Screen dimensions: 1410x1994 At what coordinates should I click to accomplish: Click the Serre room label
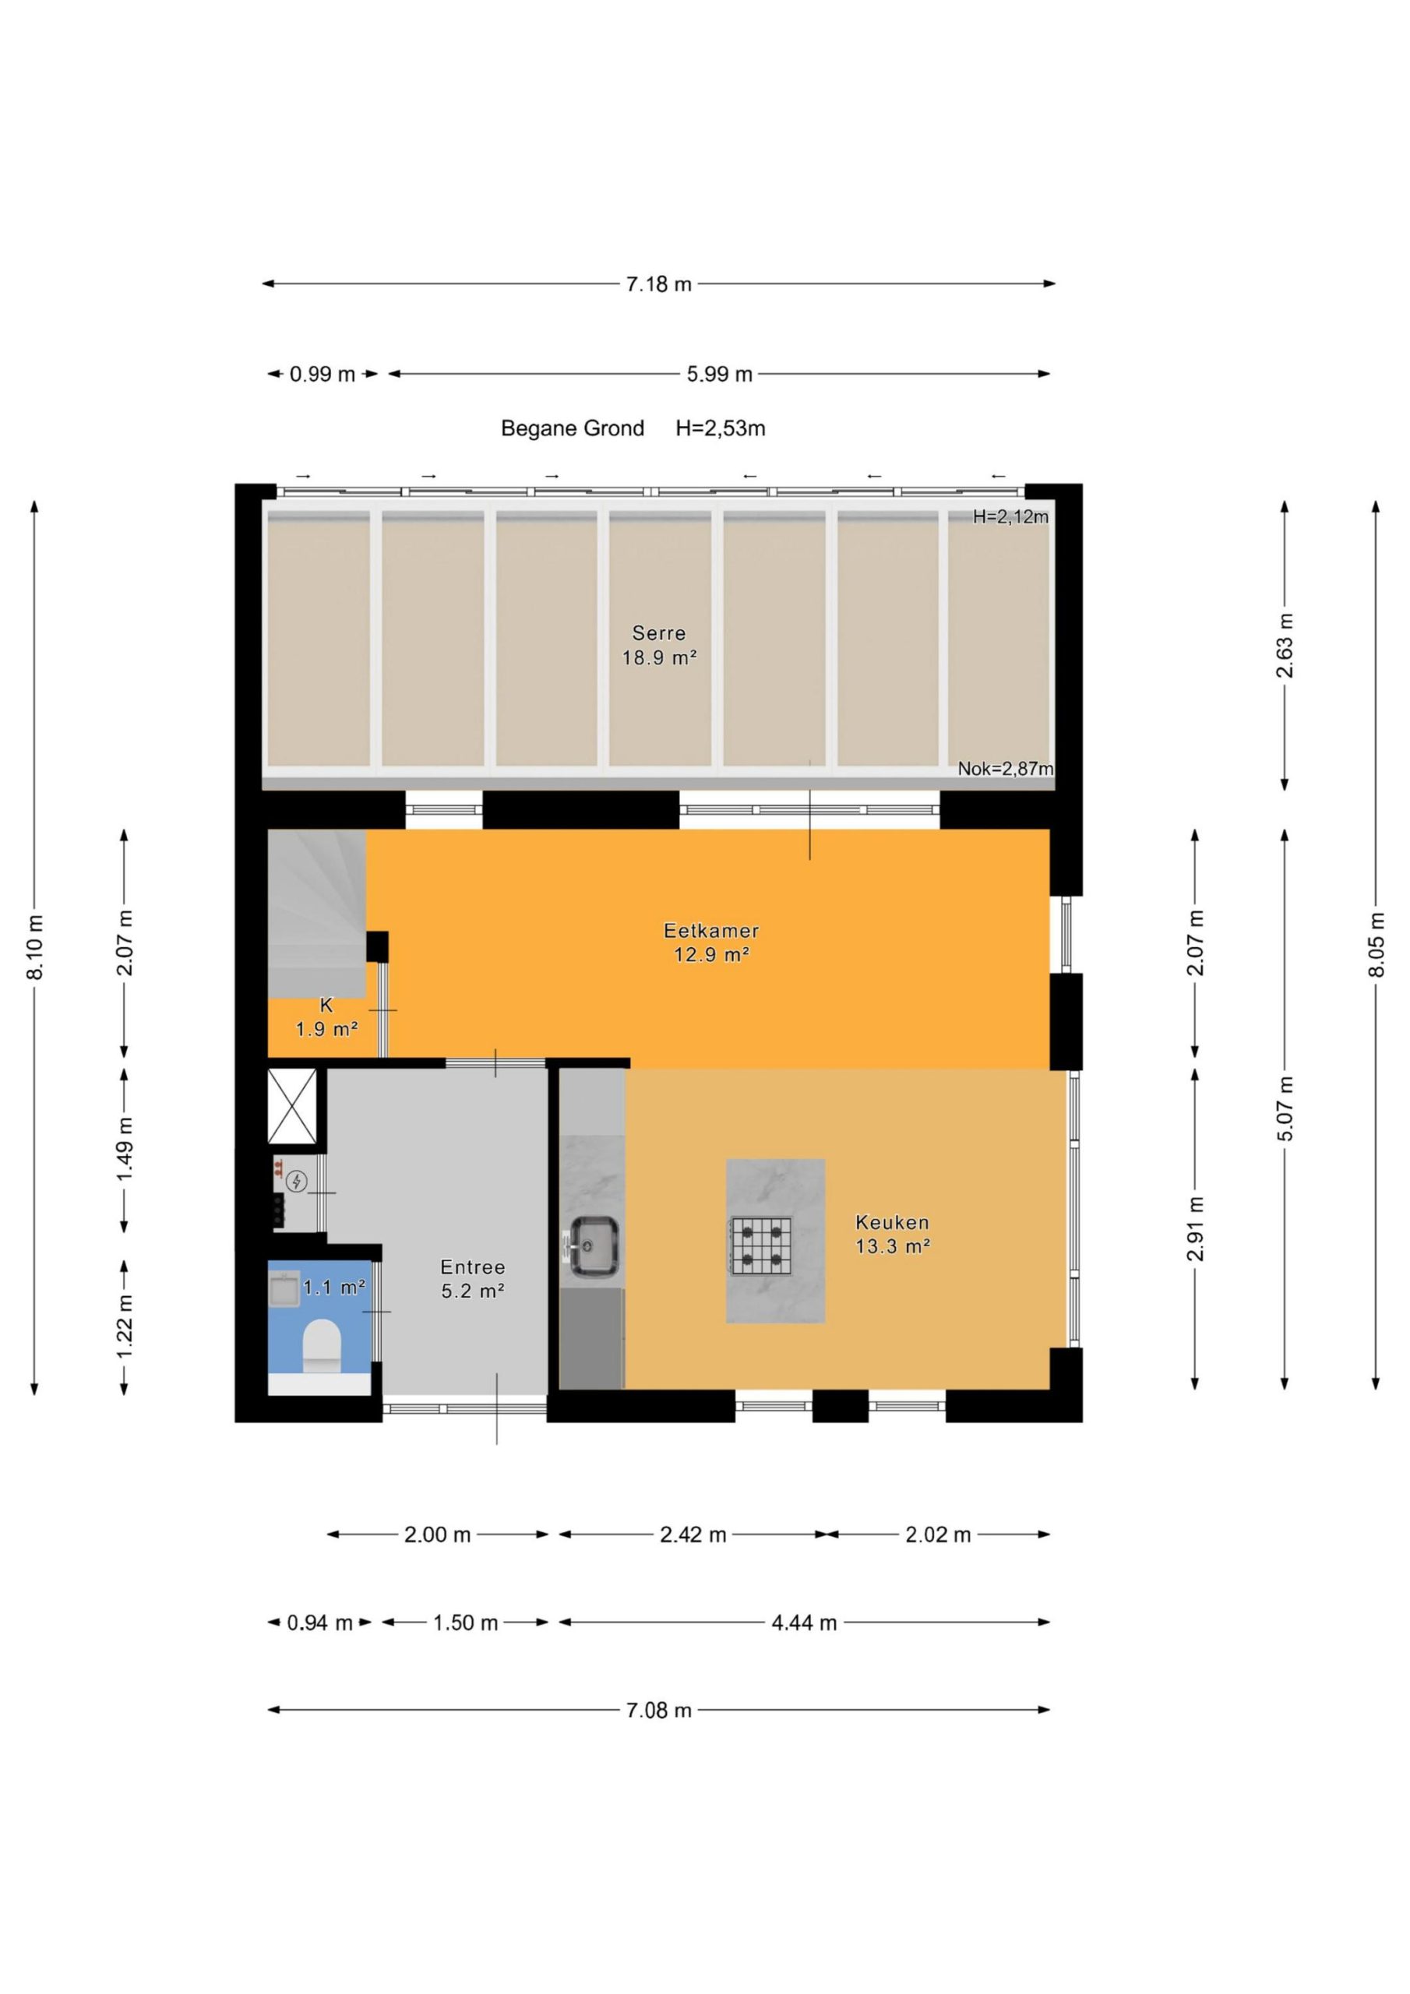click(x=658, y=633)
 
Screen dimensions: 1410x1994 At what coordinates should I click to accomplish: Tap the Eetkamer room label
click(x=710, y=930)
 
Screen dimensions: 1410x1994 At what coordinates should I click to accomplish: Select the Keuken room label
click(x=892, y=1222)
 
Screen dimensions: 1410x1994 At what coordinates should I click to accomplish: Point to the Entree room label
click(x=472, y=1267)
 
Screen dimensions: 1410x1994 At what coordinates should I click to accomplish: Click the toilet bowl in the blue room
click(x=321, y=1346)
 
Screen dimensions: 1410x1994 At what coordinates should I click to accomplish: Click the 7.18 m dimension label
click(x=659, y=284)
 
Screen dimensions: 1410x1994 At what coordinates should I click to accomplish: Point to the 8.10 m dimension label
click(x=35, y=946)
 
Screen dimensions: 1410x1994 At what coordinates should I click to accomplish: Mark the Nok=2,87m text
click(x=1005, y=769)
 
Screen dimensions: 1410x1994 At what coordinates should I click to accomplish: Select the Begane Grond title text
click(x=573, y=428)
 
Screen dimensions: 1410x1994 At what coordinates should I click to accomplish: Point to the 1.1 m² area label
click(x=333, y=1287)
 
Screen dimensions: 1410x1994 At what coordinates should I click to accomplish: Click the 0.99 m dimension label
click(x=323, y=375)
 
